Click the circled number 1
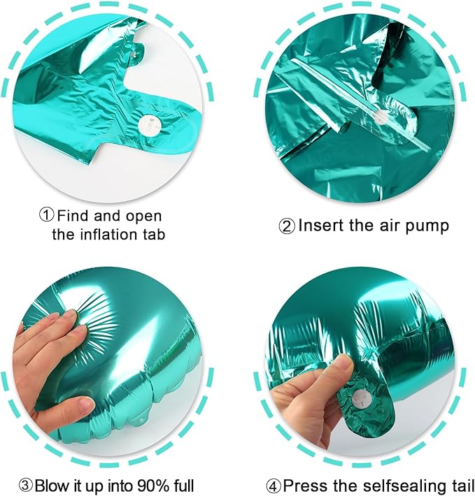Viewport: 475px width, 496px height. pos(46,215)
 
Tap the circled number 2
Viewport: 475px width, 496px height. pos(287,226)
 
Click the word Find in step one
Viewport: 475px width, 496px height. pos(73,215)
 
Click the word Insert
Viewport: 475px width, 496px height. pos(320,226)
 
